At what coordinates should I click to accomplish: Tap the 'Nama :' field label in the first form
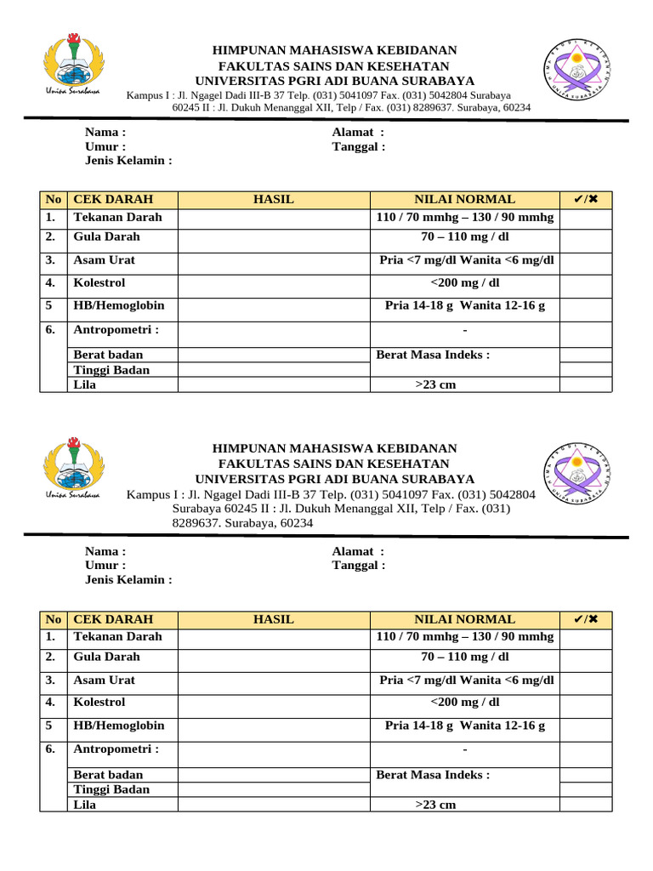[105, 132]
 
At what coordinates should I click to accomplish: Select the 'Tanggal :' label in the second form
[359, 566]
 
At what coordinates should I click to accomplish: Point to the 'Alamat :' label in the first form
[357, 132]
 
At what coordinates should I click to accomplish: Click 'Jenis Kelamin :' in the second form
[128, 580]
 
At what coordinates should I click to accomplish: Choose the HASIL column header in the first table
[274, 199]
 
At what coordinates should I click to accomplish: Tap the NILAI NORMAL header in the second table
[464, 619]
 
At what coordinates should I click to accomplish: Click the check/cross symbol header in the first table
[586, 199]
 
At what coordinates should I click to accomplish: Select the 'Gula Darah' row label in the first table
[106, 236]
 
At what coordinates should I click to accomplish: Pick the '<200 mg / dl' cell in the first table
[464, 282]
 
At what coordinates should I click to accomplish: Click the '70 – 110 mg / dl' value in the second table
[464, 657]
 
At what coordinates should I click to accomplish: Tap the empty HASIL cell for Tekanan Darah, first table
[274, 218]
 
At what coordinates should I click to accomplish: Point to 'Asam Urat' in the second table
[104, 680]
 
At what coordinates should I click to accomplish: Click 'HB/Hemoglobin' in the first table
[119, 305]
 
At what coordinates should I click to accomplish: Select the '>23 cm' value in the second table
[435, 805]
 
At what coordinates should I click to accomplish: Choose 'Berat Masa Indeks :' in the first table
[433, 355]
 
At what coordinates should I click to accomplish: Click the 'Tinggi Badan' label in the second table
[111, 789]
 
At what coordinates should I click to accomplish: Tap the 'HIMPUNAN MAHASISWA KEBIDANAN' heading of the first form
[334, 51]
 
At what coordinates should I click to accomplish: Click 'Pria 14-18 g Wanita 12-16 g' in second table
[464, 726]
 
